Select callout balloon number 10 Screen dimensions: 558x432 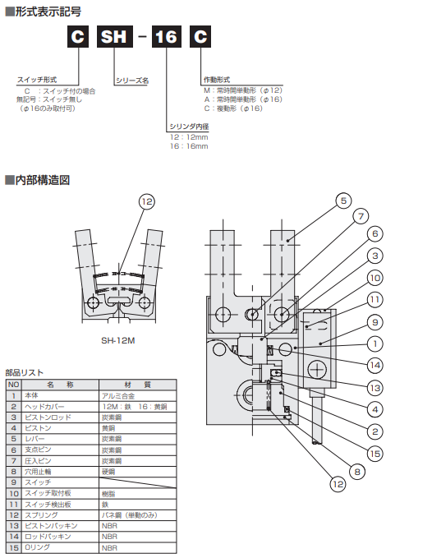[x=375, y=277]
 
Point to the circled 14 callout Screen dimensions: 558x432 [x=375, y=364]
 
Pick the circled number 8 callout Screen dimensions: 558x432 [x=357, y=472]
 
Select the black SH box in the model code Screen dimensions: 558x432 [x=117, y=38]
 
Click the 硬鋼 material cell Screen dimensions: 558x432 [x=109, y=472]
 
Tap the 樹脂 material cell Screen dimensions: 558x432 [x=109, y=493]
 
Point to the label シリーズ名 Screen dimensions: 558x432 [x=131, y=81]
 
